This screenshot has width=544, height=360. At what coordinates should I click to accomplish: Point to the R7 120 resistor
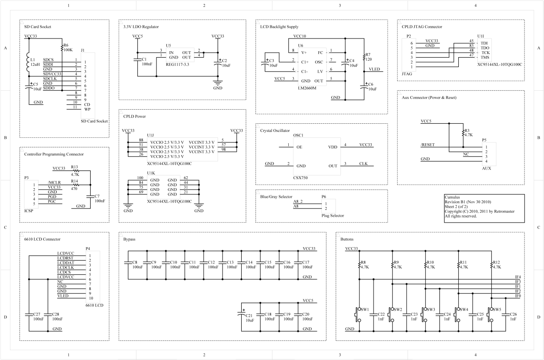click(364, 58)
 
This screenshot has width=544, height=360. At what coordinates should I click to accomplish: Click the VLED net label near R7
click(374, 69)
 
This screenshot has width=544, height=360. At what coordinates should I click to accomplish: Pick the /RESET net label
click(427, 145)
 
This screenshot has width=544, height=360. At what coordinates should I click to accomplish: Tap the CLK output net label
click(363, 164)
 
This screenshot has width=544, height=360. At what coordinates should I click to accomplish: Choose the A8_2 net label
click(298, 201)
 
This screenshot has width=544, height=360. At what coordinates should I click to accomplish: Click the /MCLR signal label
click(54, 182)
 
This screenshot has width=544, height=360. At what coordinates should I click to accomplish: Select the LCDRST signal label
click(65, 258)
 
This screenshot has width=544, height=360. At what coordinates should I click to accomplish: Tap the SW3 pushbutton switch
click(423, 313)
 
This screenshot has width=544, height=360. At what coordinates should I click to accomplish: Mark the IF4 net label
click(518, 277)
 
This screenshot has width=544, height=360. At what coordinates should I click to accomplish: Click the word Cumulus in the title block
click(452, 197)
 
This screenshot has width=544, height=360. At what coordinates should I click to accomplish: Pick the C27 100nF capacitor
click(29, 313)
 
